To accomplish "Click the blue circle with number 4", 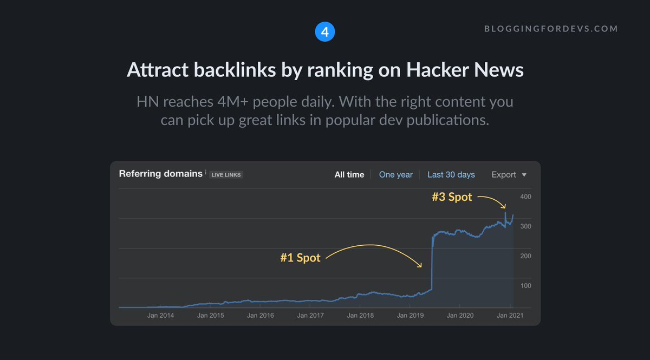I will click(x=325, y=32).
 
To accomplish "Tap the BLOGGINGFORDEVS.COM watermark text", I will click(x=551, y=29).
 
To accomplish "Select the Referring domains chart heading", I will click(x=160, y=174).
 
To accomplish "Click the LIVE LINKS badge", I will click(x=226, y=175).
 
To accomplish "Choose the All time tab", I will click(x=349, y=174).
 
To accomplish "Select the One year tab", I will click(x=395, y=174).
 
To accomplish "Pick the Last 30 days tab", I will click(x=451, y=174).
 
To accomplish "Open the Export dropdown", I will click(x=509, y=174).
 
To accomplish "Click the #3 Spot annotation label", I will click(x=452, y=197).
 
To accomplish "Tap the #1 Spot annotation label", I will click(x=300, y=258).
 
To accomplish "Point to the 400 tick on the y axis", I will click(x=525, y=197).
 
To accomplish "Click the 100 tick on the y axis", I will click(x=525, y=286).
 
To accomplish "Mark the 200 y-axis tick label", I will click(x=525, y=256).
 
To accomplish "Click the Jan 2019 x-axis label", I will click(x=409, y=315).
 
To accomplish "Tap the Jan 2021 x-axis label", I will click(x=510, y=315).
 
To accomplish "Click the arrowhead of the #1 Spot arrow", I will click(x=421, y=266).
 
